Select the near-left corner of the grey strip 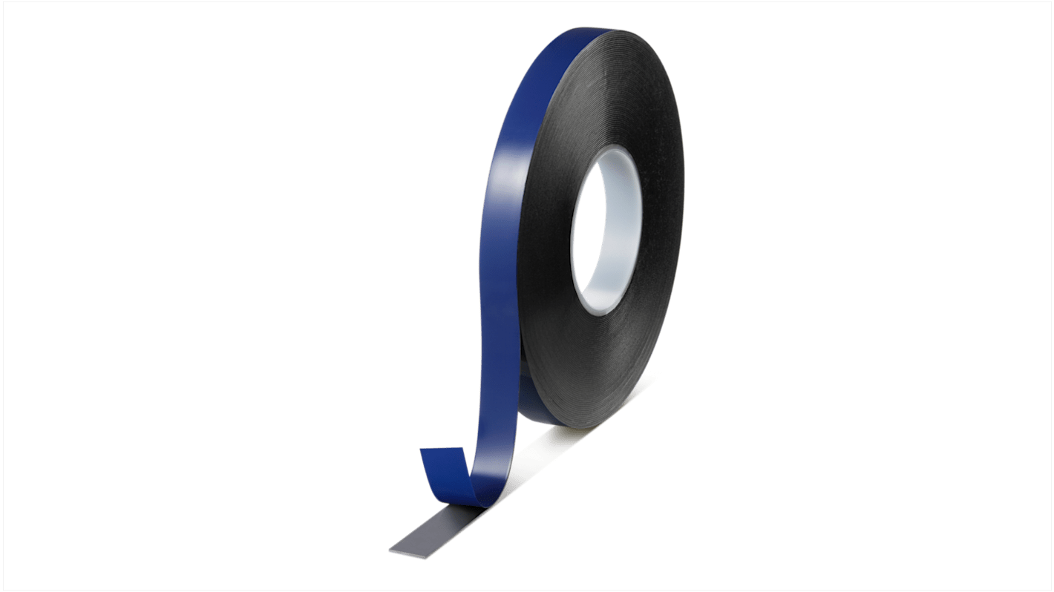tap(392, 550)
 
